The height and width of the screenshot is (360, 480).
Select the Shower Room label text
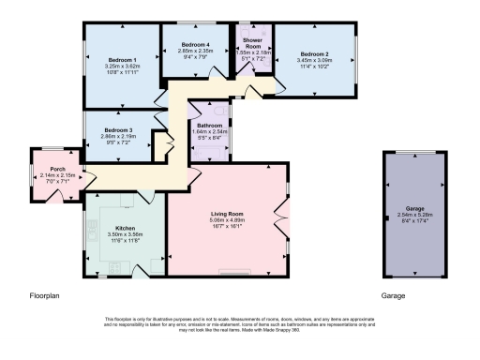(x=252, y=43)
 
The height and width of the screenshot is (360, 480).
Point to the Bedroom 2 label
(x=315, y=54)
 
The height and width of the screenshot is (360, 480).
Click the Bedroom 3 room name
(x=118, y=129)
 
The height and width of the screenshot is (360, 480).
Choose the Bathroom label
(x=209, y=126)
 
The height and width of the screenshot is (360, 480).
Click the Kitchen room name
(x=126, y=229)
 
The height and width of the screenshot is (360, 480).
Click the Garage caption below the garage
(x=393, y=295)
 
